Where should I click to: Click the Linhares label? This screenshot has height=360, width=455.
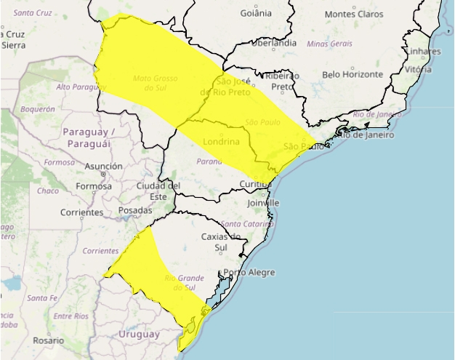pyautogui.click(x=424, y=52)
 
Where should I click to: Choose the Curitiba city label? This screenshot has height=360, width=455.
pyautogui.click(x=255, y=185)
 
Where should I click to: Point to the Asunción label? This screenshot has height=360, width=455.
pyautogui.click(x=104, y=167)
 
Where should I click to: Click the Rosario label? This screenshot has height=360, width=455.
pyautogui.click(x=47, y=340)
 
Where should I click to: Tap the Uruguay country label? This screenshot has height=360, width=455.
pyautogui.click(x=138, y=334)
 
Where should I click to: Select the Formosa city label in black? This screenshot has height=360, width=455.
pyautogui.click(x=93, y=186)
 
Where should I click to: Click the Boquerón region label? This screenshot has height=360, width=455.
pyautogui.click(x=38, y=109)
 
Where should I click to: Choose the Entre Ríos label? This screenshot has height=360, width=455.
pyautogui.click(x=71, y=316)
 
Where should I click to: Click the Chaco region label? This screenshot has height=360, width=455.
pyautogui.click(x=47, y=191)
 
